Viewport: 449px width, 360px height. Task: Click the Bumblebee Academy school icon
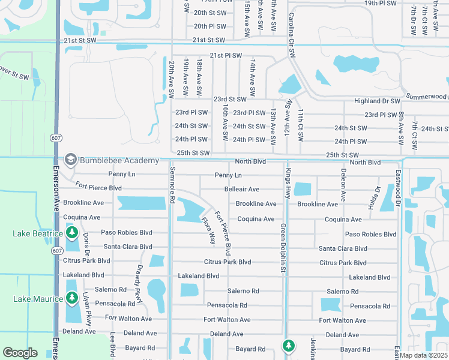point(71,160)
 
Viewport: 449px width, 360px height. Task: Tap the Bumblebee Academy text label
point(118,160)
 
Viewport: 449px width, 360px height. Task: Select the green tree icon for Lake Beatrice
point(72,232)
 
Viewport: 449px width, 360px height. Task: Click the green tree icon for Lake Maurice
point(72,297)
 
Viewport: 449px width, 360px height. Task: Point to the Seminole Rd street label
point(171,184)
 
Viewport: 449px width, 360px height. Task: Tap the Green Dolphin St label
point(283,248)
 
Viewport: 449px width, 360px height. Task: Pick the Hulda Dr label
point(377,197)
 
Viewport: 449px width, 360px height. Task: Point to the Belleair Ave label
point(241,189)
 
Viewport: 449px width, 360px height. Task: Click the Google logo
point(20,353)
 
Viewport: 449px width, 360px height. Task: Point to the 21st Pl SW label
point(225,55)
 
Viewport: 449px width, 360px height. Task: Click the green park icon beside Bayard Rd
point(289,345)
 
